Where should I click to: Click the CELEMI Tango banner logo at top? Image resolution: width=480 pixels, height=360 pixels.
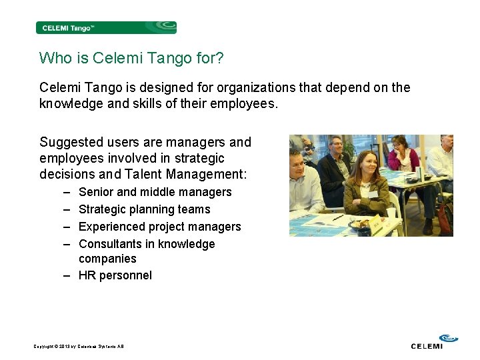pos(106,27)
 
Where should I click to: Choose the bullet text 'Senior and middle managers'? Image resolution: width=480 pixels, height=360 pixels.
pos(155,192)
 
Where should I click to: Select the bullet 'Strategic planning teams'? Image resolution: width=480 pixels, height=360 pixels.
pos(144,209)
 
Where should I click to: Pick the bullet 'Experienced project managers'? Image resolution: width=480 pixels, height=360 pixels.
pos(159,227)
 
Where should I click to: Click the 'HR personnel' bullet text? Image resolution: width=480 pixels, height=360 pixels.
pos(115,275)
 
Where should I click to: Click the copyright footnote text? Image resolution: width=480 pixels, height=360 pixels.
pos(79,346)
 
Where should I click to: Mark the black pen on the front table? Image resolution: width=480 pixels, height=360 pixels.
pos(339,217)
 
